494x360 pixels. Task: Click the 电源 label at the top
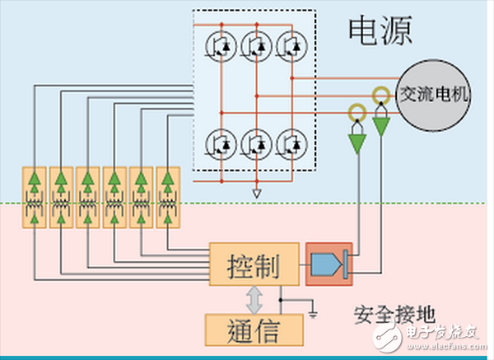380,32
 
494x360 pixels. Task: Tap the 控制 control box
252,265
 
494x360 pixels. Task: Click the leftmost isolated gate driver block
34,198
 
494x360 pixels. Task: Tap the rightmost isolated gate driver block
168,198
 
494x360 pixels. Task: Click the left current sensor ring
357,112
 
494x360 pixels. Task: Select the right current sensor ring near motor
380,95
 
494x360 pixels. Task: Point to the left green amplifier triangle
357,142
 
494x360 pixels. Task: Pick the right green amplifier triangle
380,126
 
